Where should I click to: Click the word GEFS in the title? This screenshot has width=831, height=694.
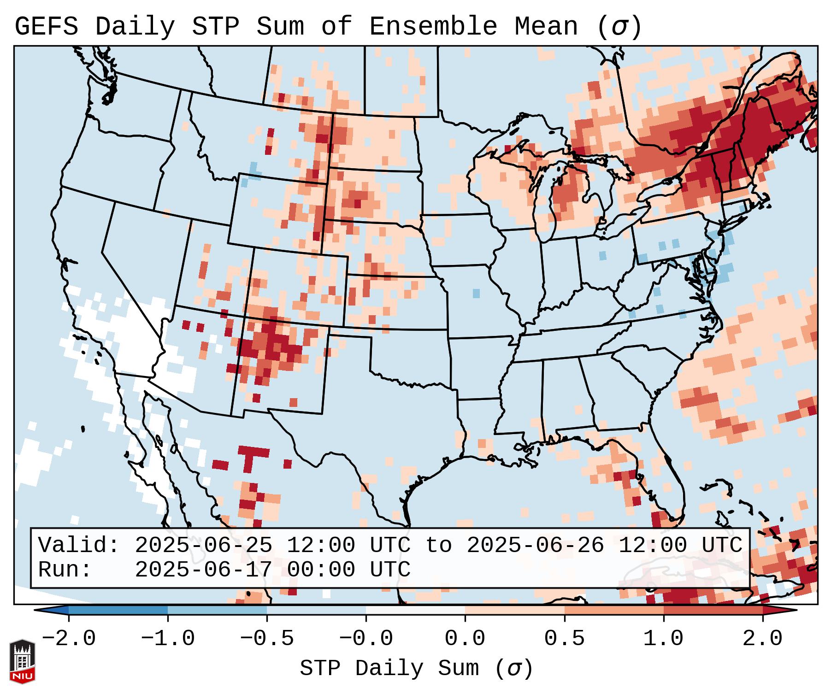click(x=46, y=27)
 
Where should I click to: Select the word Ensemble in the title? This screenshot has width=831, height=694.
click(x=433, y=27)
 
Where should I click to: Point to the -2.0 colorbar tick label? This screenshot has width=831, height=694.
click(x=69, y=639)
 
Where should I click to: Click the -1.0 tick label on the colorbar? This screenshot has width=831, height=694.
click(x=168, y=639)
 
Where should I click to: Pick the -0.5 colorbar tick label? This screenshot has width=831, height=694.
click(x=267, y=639)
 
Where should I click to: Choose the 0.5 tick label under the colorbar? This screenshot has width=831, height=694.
click(x=564, y=639)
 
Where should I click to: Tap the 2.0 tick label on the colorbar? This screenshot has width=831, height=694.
click(x=762, y=639)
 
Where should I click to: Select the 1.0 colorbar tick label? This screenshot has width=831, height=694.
click(x=663, y=639)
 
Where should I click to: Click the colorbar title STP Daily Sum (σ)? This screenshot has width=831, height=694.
click(x=416, y=669)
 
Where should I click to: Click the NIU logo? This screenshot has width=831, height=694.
click(x=22, y=661)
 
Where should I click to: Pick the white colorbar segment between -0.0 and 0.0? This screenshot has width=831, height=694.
click(x=415, y=610)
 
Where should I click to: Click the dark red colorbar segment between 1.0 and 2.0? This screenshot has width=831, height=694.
click(x=713, y=610)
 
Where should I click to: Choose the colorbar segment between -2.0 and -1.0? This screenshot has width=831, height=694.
click(x=118, y=610)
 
